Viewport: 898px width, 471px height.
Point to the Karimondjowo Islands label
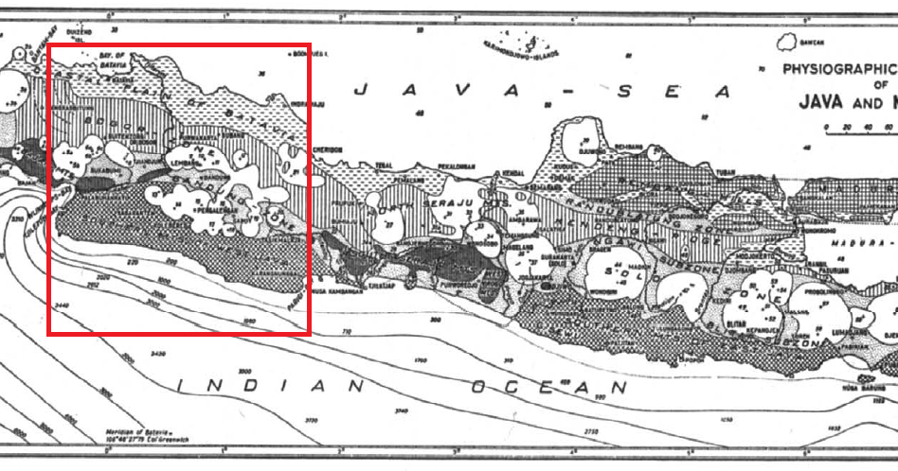point(520,46)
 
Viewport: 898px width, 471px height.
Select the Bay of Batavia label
point(113,60)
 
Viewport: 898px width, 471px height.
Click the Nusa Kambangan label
point(336,290)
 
